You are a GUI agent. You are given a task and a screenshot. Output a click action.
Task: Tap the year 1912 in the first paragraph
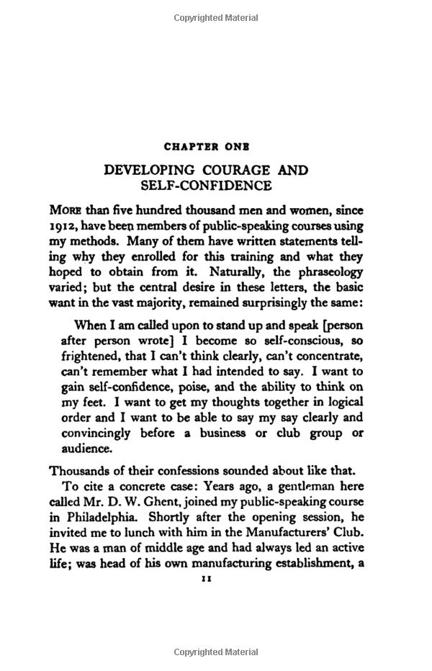pos(63,225)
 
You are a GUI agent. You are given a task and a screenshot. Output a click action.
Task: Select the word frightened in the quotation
pos(105,355)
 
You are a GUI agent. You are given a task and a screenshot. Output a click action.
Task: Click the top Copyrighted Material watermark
pos(216,17)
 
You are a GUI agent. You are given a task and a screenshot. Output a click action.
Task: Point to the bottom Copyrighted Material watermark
pos(216,653)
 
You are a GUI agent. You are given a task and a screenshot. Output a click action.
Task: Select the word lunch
pos(144,533)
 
